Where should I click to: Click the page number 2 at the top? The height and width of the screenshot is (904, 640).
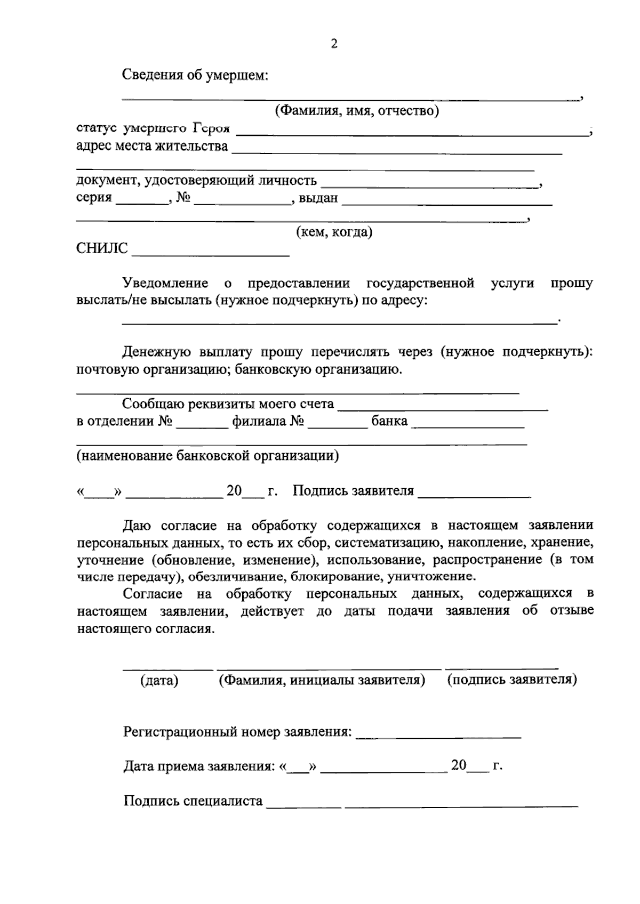pos(334,44)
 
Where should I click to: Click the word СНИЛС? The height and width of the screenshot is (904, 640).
pos(102,248)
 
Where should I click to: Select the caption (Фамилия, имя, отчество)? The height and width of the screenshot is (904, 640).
pos(357,111)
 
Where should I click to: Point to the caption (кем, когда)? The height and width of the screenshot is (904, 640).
pos(334,232)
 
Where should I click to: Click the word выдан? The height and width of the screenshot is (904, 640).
pos(318,198)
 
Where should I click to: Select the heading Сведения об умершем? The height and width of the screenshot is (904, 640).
pos(195,75)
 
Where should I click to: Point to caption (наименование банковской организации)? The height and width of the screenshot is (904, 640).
pos(207,456)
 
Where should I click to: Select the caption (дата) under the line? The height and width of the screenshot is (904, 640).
pos(159,681)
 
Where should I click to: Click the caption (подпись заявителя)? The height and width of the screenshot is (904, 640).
pos(511,680)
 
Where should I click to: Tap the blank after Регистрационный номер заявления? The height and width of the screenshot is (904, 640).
pos(438,735)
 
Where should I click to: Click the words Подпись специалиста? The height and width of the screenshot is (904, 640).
pos(193,801)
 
